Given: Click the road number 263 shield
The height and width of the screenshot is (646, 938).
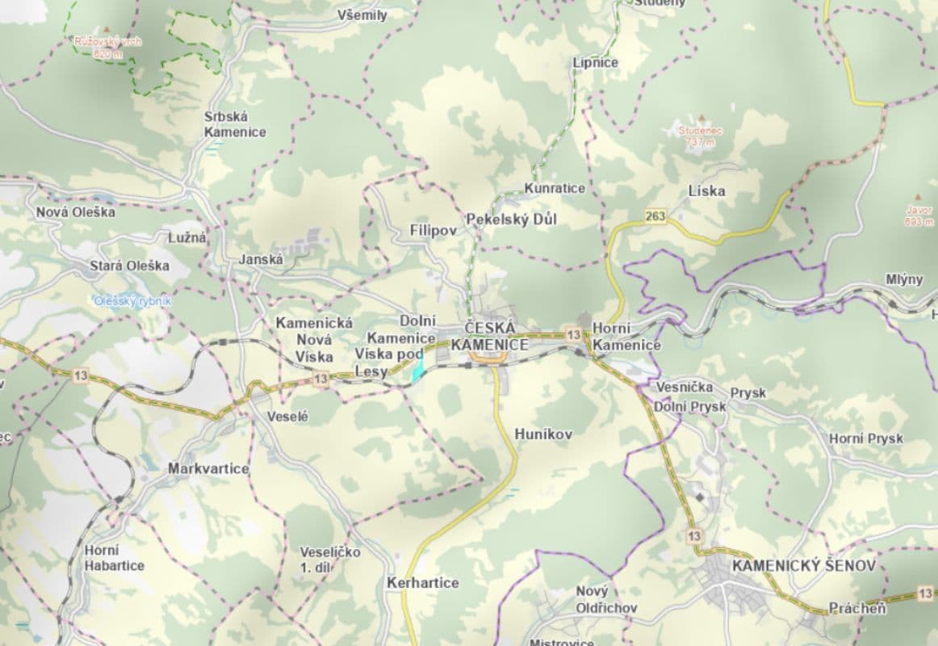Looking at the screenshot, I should pyautogui.click(x=655, y=216).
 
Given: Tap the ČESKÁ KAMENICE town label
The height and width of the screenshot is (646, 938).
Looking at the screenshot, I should pyautogui.click(x=496, y=337).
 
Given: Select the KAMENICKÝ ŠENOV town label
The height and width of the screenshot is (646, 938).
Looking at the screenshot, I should pyautogui.click(x=803, y=566).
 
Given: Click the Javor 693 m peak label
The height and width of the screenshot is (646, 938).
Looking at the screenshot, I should pyautogui.click(x=919, y=215).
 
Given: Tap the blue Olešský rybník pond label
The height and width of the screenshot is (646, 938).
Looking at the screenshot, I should pyautogui.click(x=132, y=301).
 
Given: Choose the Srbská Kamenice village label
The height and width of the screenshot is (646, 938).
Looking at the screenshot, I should pyautogui.click(x=234, y=124).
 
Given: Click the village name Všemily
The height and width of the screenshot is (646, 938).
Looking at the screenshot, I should pyautogui.click(x=362, y=15).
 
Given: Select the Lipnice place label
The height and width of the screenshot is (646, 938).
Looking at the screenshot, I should pyautogui.click(x=595, y=62).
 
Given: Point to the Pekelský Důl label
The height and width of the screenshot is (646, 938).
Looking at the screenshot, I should pyautogui.click(x=511, y=219).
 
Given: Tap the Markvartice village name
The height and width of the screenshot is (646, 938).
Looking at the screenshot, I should pyautogui.click(x=208, y=468).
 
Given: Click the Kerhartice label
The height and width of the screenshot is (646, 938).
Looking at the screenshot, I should pyautogui.click(x=422, y=582).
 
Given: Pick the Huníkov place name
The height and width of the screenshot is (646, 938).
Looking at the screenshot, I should pyautogui.click(x=543, y=434).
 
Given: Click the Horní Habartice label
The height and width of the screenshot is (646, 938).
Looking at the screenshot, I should pyautogui.click(x=114, y=558).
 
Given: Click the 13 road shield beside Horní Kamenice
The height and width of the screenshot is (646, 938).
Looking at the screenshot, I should pyautogui.click(x=573, y=334).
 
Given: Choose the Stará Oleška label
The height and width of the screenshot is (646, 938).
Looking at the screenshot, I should pyautogui.click(x=129, y=265).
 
